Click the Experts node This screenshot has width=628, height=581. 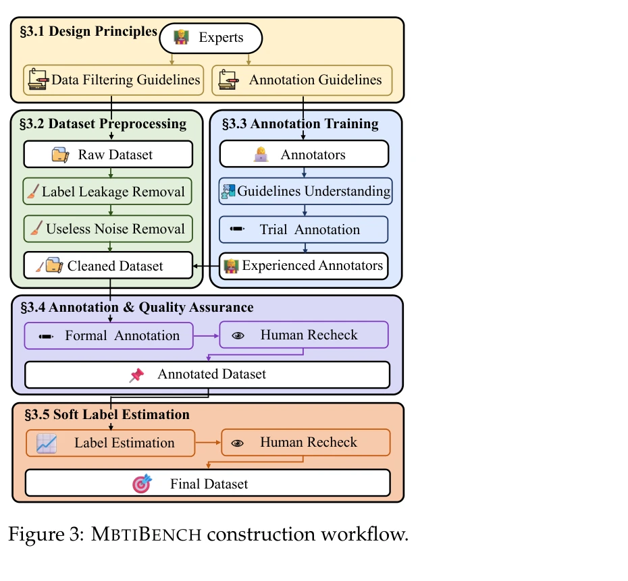[x=210, y=38]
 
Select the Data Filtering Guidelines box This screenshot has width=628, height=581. [x=113, y=80]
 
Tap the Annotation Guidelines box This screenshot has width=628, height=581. [x=302, y=80]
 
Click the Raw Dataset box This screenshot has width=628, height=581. [x=108, y=155]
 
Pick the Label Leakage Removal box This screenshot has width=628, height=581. [x=108, y=192]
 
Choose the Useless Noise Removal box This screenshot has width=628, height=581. [x=108, y=229]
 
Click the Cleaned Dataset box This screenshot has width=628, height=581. [x=108, y=266]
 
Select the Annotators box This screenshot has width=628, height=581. [x=304, y=155]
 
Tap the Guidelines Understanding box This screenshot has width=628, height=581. [x=305, y=192]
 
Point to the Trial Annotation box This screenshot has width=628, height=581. [x=304, y=229]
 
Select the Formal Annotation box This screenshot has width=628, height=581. [x=109, y=335]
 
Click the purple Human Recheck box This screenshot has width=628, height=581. [x=304, y=335]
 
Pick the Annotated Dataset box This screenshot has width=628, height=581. [x=207, y=375]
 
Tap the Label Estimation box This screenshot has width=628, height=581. [x=110, y=443]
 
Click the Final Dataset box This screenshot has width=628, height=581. [x=207, y=483]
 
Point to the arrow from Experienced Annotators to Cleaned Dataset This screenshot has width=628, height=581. [x=206, y=266]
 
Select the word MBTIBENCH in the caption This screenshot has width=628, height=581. [x=147, y=535]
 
